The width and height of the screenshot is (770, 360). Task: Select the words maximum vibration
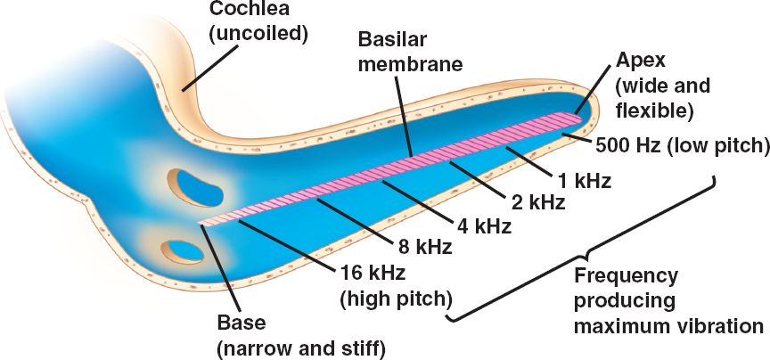click(x=668, y=325)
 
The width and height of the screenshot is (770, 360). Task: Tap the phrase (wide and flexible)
click(x=663, y=97)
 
